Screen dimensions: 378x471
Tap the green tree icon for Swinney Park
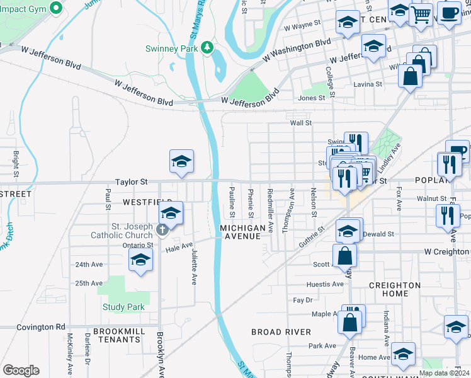pos(207,49)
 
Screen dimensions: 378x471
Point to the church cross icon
pos(162,229)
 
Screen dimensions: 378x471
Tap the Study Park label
pos(123,307)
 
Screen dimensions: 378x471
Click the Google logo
pos(21,370)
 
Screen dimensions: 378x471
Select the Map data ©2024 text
pos(444,373)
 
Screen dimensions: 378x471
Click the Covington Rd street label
pos(40,327)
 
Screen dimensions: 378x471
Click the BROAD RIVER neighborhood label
pos(281,331)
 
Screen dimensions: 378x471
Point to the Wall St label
pos(300,123)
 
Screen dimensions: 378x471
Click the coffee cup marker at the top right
pos(449,13)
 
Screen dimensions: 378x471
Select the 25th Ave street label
pos(89,283)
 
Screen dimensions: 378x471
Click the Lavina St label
pos(368,84)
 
